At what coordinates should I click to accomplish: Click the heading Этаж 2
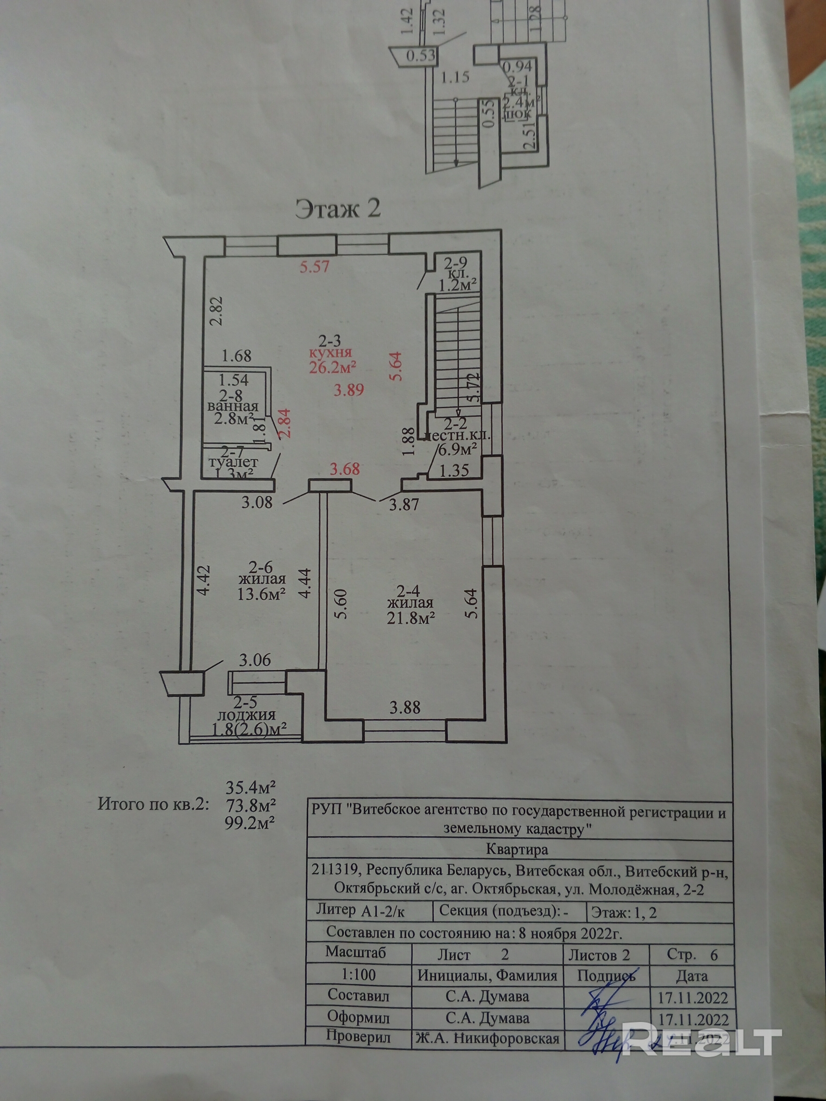click(x=338, y=209)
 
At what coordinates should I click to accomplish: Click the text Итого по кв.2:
click(x=154, y=804)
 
